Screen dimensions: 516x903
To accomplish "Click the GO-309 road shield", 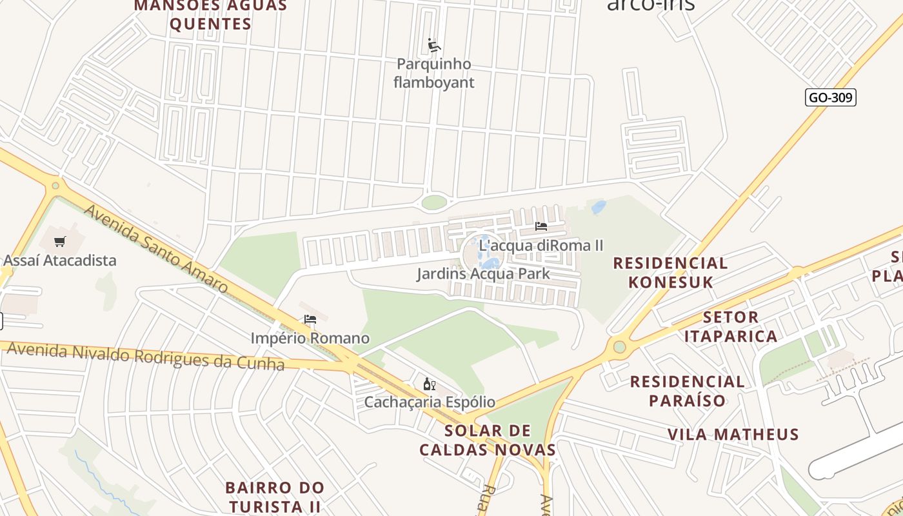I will coord(831,97).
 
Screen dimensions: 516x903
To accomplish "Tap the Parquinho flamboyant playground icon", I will coord(434,45).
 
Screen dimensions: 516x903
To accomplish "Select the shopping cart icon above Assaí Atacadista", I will coord(60,242).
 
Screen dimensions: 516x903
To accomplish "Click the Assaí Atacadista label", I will coord(60,261).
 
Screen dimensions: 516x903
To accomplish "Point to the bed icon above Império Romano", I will coord(310,319).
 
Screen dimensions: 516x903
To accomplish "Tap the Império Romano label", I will coord(310,338).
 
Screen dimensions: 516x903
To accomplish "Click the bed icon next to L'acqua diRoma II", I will coord(541,226).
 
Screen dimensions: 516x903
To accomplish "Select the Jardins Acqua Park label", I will coord(483,273).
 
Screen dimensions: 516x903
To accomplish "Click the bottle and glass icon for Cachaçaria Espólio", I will coord(429,384).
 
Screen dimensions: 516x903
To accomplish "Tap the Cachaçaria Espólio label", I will coord(430,402).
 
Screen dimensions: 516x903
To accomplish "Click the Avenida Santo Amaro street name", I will coord(156,248).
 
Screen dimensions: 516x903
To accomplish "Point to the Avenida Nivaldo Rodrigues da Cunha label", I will coord(145,357).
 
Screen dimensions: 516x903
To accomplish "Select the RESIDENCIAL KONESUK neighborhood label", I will coord(670,273).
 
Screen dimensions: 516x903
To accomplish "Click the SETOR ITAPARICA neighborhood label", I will coord(731,327).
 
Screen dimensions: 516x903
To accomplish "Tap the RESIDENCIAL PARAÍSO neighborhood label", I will coord(687,391).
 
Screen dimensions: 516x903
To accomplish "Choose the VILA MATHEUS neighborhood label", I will coord(733,435).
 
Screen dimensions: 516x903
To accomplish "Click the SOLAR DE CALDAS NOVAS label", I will coord(488,440).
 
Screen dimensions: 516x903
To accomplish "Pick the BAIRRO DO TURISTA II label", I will coord(275,497).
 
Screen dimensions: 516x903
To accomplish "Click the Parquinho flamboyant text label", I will coord(433,73).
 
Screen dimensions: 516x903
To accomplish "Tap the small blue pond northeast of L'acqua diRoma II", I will coord(599,207).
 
